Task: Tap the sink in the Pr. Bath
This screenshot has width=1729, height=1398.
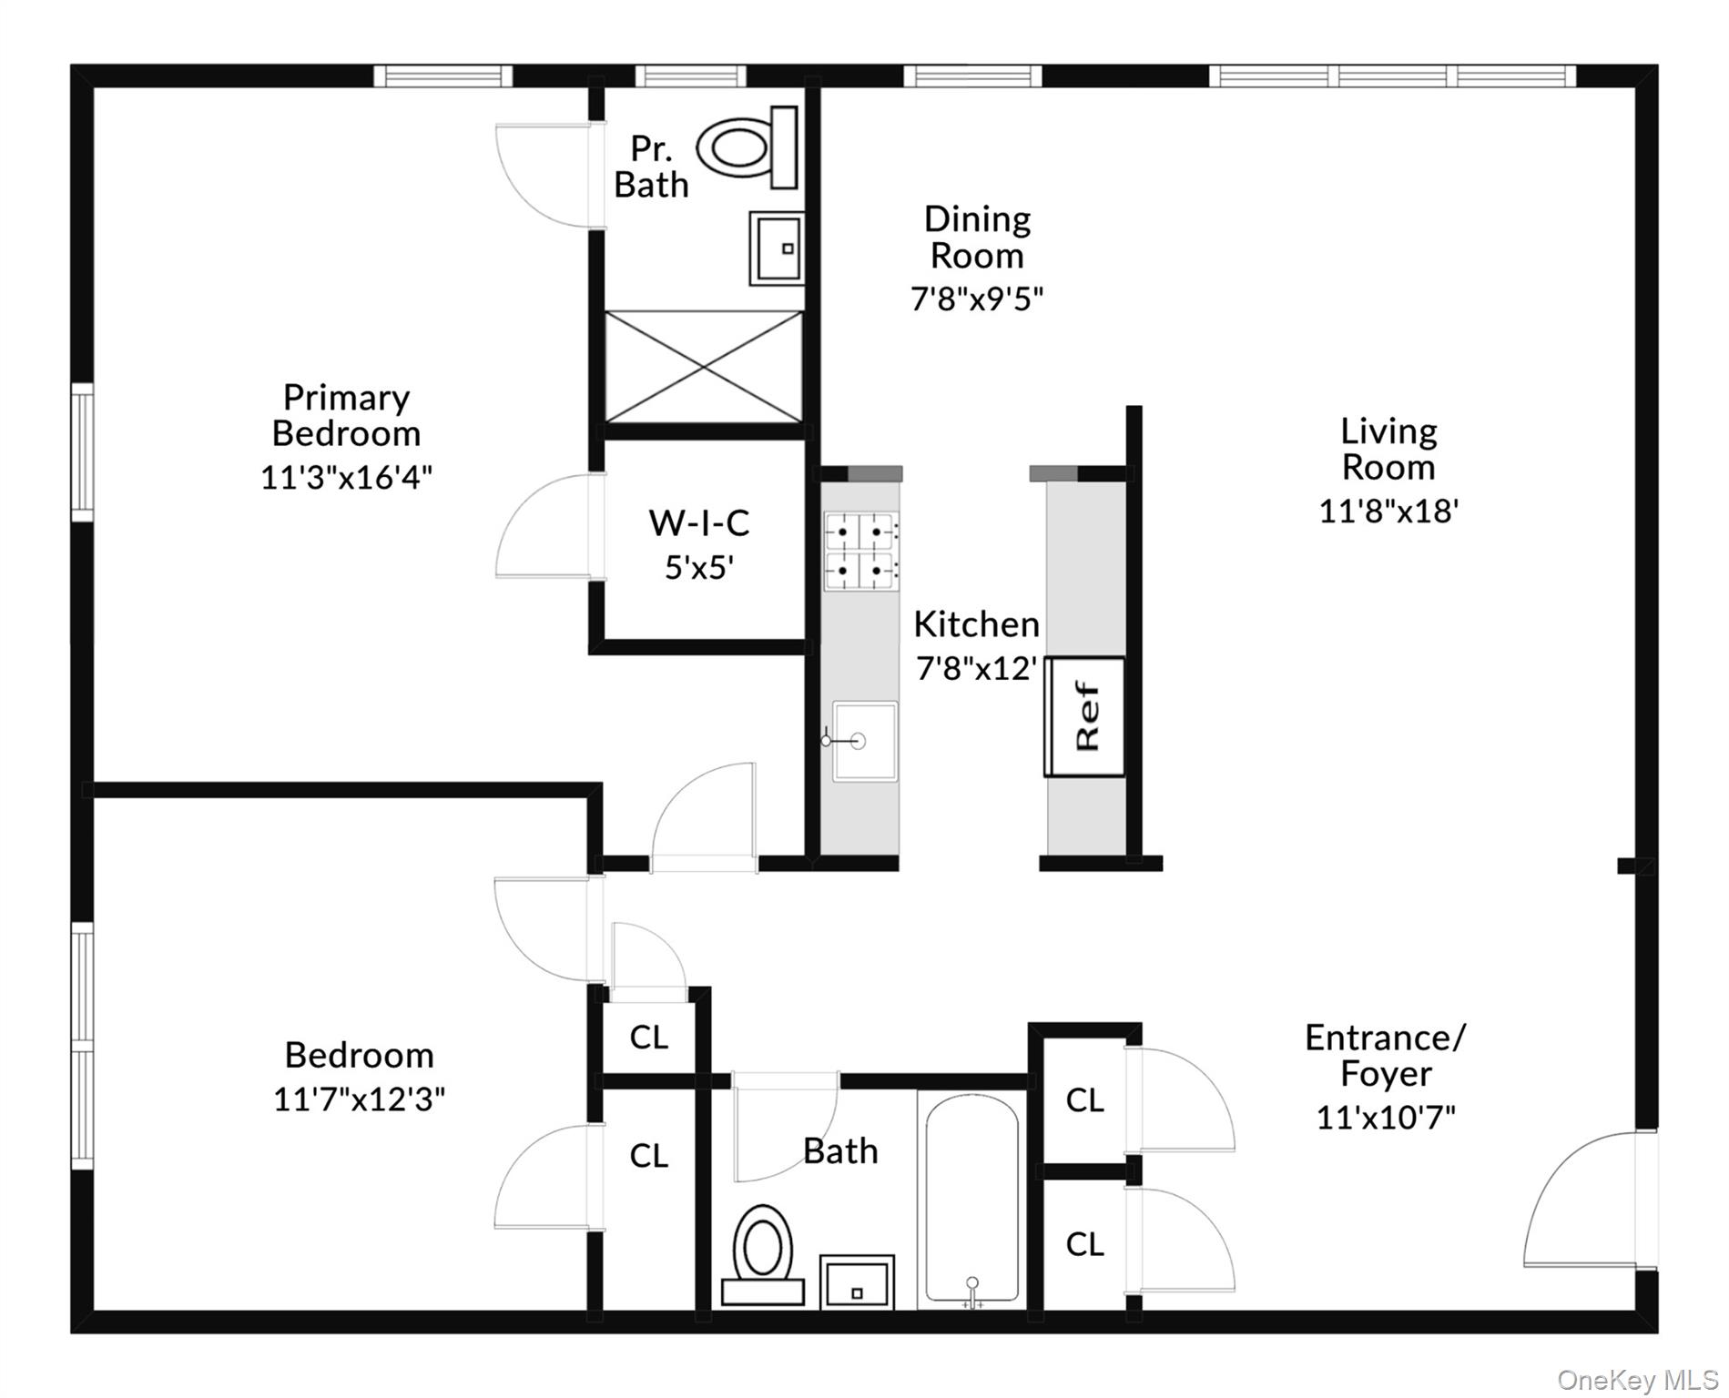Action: pos(777,248)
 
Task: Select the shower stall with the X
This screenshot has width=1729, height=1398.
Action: pos(704,367)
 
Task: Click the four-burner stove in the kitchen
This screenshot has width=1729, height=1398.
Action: pos(859,550)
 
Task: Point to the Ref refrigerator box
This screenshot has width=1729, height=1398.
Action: pos(1085,716)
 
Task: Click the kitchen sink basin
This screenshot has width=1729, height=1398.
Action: pos(864,741)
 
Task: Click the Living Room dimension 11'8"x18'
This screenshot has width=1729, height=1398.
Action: pos(1388,511)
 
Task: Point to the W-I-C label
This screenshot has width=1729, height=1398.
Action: pos(698,523)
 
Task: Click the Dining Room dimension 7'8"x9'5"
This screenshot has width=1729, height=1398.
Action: pos(976,299)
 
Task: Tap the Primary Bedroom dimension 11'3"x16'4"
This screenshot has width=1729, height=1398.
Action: pos(346,477)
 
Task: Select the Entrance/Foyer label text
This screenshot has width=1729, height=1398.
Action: pos(1385,1056)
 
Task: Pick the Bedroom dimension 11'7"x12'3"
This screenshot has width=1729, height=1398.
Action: pos(359,1099)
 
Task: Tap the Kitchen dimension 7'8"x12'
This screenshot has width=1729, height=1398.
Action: pos(976,669)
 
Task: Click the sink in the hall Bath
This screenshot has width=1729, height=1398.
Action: pos(856,1281)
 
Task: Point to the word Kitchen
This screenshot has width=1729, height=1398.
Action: pos(976,624)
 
